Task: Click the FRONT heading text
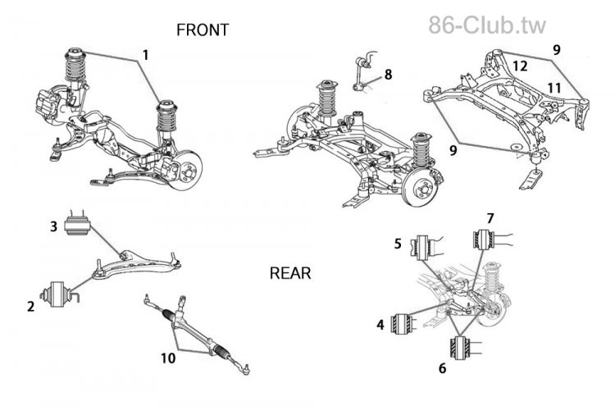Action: (x=203, y=30)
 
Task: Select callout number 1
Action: (x=145, y=56)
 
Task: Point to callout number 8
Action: (x=388, y=75)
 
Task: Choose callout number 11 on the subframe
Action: (x=554, y=86)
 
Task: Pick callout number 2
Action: (x=30, y=307)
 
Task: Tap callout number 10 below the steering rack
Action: (x=169, y=358)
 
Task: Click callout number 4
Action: (x=380, y=325)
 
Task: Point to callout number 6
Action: (x=443, y=368)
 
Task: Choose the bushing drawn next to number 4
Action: (x=403, y=324)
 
